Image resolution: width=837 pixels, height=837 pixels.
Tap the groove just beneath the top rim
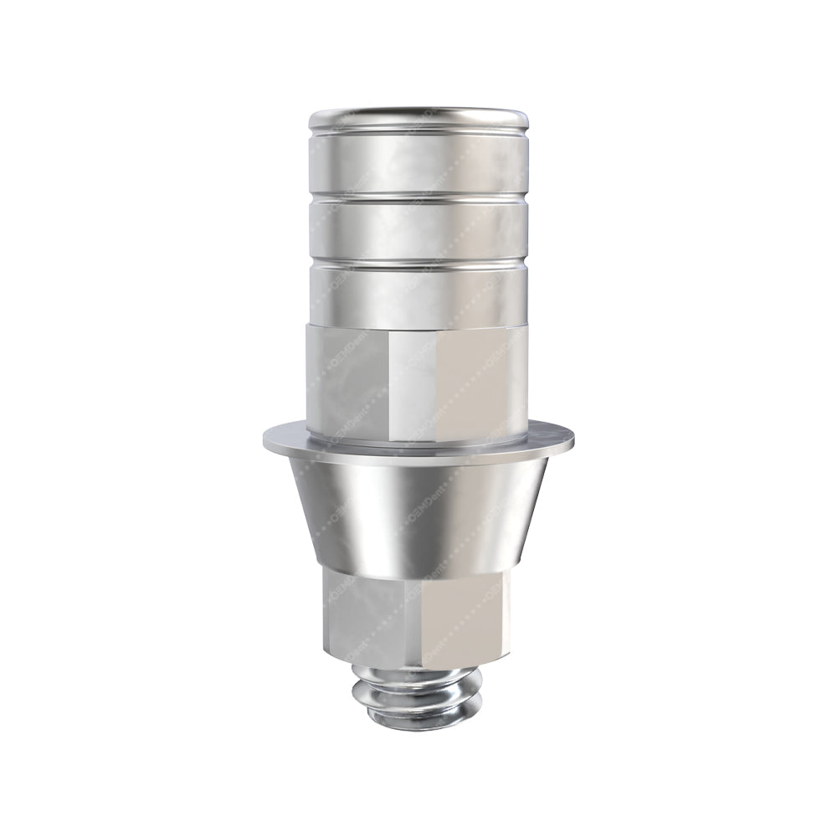tap(418, 133)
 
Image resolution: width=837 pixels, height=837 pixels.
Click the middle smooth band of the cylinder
tap(418, 228)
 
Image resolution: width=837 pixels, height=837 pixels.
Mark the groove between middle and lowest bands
tap(418, 262)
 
